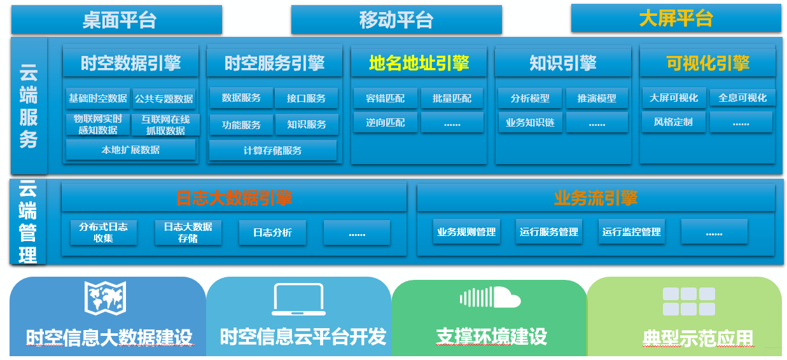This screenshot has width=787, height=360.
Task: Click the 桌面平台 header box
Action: (x=116, y=20)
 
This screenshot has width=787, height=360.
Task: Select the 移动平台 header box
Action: (x=396, y=20)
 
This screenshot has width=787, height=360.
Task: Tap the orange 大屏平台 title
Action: (x=676, y=18)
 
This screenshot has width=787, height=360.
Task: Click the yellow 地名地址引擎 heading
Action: (x=419, y=63)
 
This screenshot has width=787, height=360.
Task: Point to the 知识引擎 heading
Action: (x=563, y=63)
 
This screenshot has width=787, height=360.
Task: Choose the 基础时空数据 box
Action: (x=98, y=99)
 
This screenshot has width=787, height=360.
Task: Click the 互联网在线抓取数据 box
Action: (x=165, y=125)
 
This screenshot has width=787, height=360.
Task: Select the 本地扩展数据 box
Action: (x=130, y=150)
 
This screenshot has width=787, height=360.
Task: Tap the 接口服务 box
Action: (x=306, y=98)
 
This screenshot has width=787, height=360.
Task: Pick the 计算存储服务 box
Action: (x=273, y=150)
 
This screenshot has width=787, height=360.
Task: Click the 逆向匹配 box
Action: (x=386, y=122)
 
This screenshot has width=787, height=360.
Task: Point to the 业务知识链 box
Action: (x=530, y=122)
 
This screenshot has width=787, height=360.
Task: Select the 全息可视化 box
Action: (x=742, y=97)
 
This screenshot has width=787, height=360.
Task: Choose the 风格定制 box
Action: (x=673, y=122)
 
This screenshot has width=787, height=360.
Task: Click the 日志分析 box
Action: (x=273, y=232)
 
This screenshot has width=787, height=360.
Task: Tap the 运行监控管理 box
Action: (x=632, y=232)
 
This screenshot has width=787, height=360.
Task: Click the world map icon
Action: (x=105, y=298)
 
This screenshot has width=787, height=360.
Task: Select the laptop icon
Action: (x=298, y=299)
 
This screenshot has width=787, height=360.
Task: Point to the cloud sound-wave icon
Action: (x=490, y=297)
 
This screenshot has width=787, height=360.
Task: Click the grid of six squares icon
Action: (x=689, y=301)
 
